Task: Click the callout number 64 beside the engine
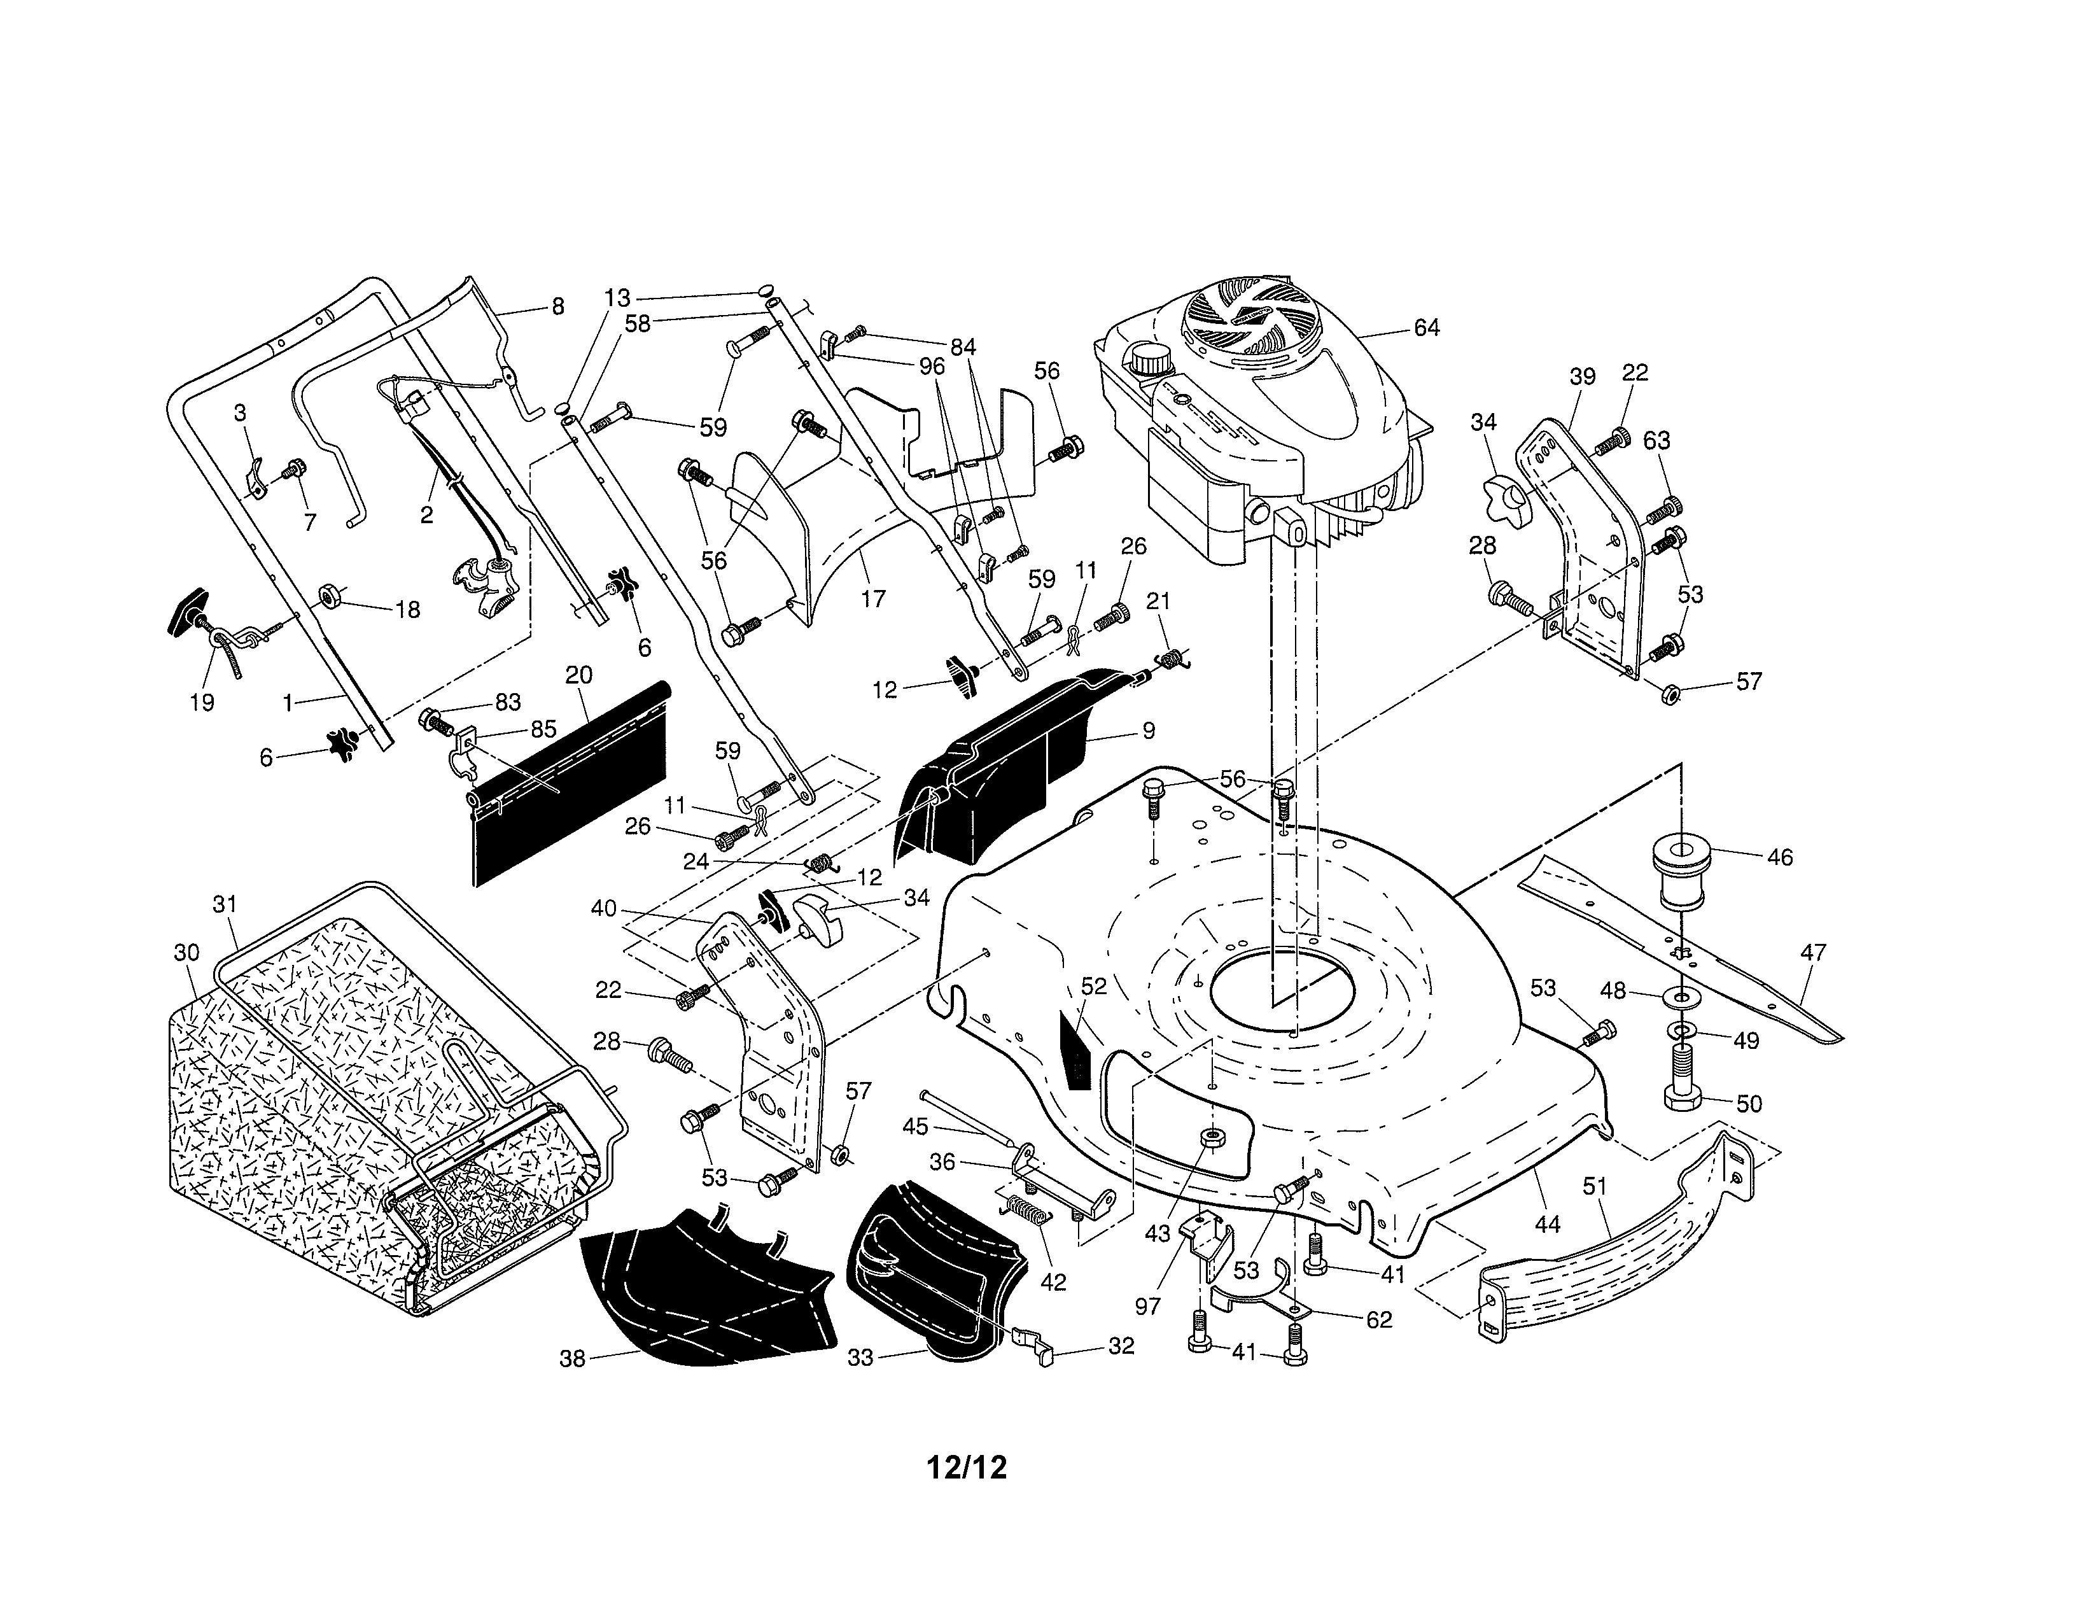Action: coord(1426,328)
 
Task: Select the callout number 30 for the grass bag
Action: coord(186,952)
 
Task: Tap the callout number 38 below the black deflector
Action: coord(572,1360)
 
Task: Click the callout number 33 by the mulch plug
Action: coord(860,1358)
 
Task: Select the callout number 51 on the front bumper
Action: coord(1594,1186)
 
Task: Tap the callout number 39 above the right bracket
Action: coord(1583,377)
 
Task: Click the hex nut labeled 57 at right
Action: coord(1670,692)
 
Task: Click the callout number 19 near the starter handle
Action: coord(202,703)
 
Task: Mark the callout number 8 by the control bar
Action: coord(557,307)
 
